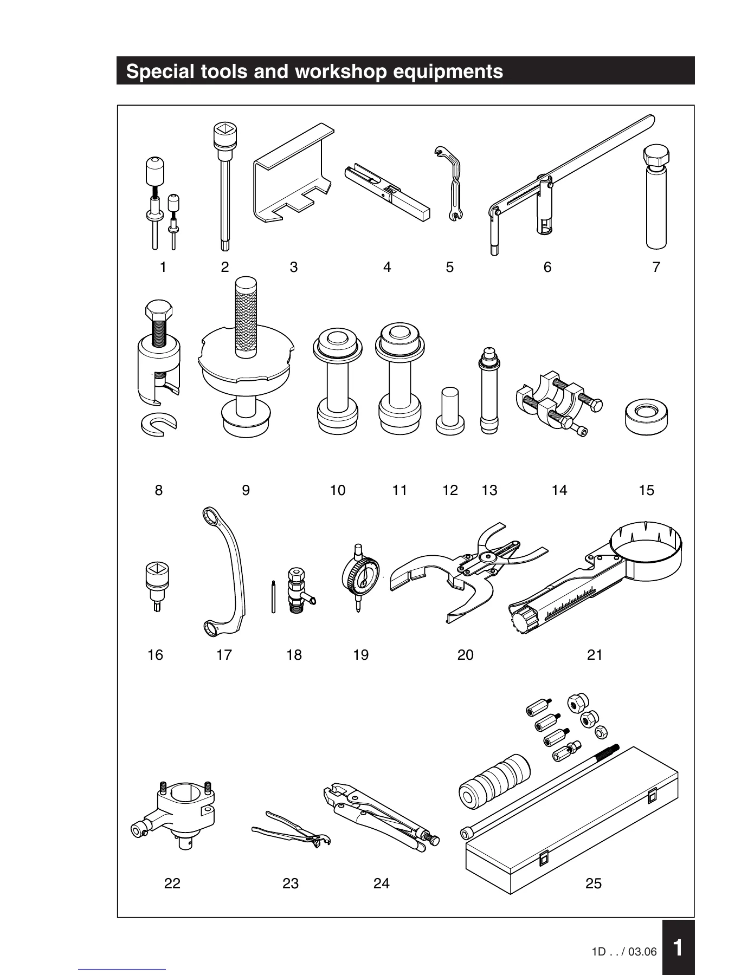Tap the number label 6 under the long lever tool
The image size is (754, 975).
tap(547, 267)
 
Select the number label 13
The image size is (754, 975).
tap(489, 490)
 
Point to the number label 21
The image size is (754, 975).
tap(595, 655)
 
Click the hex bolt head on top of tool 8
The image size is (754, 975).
tap(159, 312)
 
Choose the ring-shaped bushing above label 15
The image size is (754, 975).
tap(646, 417)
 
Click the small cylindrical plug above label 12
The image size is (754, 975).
tap(450, 411)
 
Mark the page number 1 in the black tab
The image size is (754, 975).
tap(678, 947)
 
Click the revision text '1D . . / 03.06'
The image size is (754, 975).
tap(624, 952)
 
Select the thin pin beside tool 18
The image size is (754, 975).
tap(274, 597)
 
